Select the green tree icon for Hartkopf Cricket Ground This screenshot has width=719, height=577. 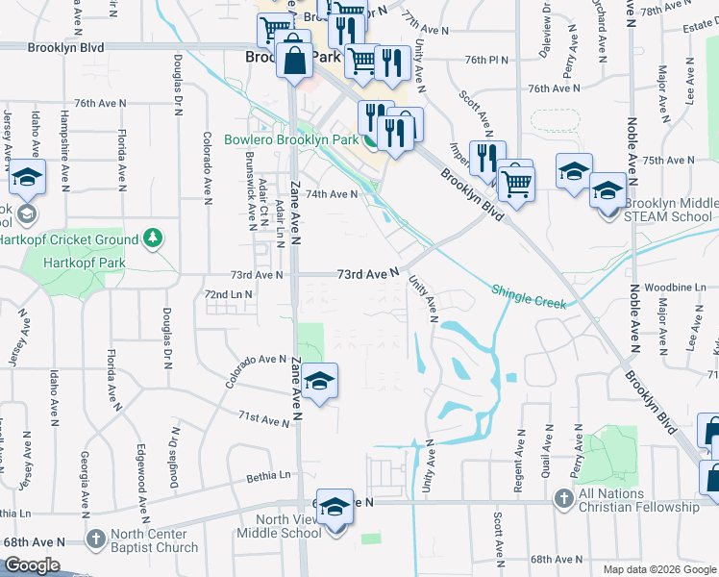point(151,238)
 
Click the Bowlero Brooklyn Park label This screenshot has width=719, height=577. point(291,139)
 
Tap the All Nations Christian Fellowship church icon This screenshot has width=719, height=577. point(564,498)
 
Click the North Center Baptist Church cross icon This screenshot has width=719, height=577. point(95,539)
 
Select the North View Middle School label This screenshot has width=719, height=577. point(279,526)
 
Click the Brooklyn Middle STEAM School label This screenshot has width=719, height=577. point(670,210)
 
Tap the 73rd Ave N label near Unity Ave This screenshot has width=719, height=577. point(367,274)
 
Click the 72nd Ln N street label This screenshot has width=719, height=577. point(229,293)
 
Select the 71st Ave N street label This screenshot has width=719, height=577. point(263,419)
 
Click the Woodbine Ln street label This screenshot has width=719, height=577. point(670,288)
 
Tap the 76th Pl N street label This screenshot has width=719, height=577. point(486,60)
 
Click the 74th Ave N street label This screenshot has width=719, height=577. point(332,193)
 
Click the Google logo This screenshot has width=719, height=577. point(32,565)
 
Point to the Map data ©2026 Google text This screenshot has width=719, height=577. point(658,569)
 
